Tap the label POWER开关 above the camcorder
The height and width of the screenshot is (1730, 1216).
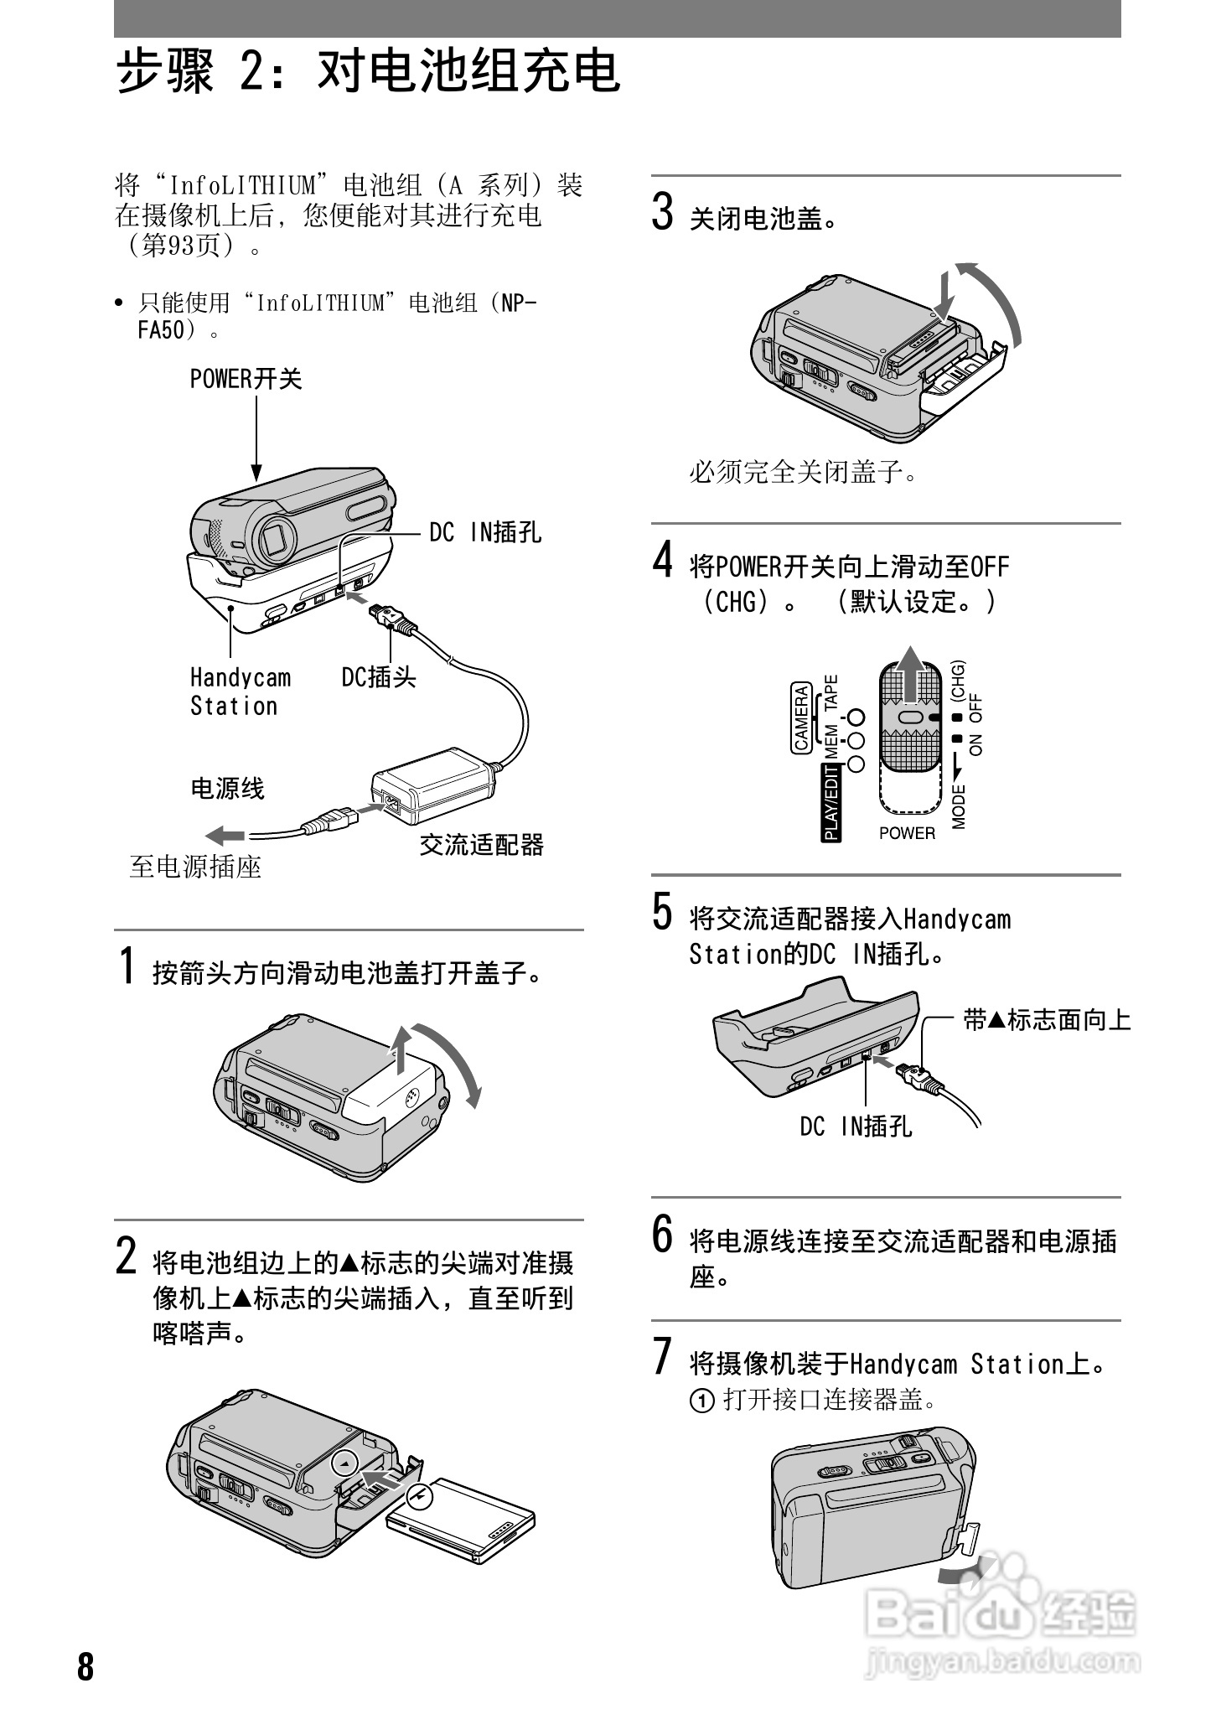(x=246, y=380)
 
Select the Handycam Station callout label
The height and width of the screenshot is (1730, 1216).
(x=239, y=691)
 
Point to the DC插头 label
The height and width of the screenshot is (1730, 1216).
(x=379, y=677)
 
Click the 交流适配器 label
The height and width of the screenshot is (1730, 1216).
(x=481, y=844)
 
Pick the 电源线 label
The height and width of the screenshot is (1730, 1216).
(x=227, y=789)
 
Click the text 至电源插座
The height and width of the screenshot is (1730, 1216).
(x=195, y=867)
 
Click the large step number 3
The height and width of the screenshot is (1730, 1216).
(x=663, y=211)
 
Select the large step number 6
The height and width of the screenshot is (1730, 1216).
(x=663, y=1234)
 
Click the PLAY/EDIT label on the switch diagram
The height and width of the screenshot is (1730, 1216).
(x=831, y=802)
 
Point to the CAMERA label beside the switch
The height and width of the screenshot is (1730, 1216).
(x=801, y=718)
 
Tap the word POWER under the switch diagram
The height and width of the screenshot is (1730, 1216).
(x=907, y=833)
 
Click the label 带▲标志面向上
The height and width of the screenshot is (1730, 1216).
(x=1047, y=1020)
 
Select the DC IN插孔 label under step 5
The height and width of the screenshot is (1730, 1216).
(x=856, y=1127)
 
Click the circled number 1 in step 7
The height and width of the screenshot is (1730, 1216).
(x=701, y=1401)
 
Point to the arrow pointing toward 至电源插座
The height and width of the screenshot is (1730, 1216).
(x=225, y=835)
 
